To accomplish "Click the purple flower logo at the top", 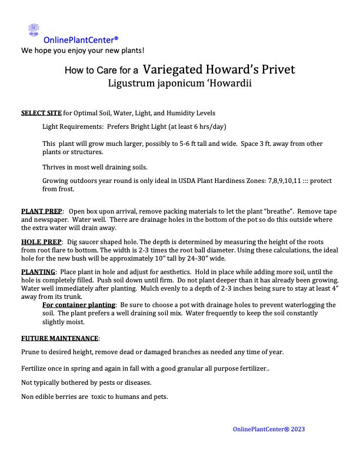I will pyautogui.click(x=34, y=30).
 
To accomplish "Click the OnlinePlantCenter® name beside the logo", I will pyautogui.click(x=81, y=40).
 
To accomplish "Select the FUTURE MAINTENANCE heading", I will pyautogui.click(x=60, y=338).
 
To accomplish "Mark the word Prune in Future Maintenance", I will pyautogui.click(x=31, y=352).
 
